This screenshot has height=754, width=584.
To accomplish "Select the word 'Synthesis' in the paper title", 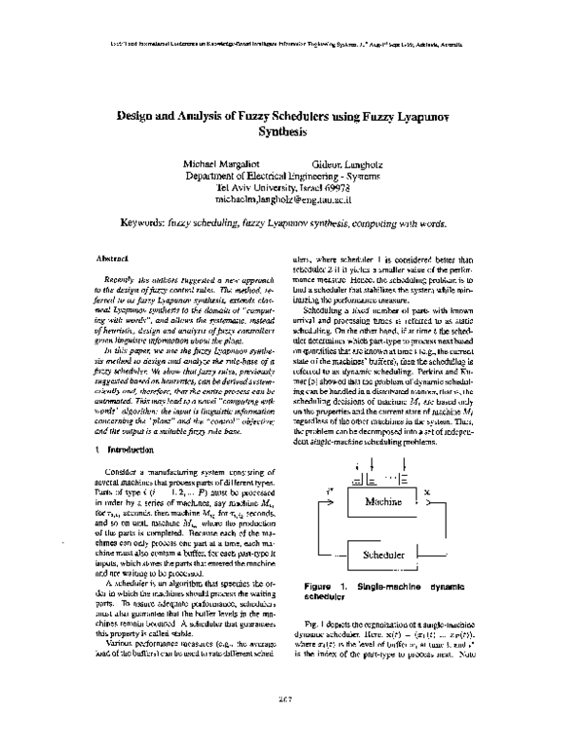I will point(292,129).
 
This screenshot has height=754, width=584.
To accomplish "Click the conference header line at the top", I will point(292,44).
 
